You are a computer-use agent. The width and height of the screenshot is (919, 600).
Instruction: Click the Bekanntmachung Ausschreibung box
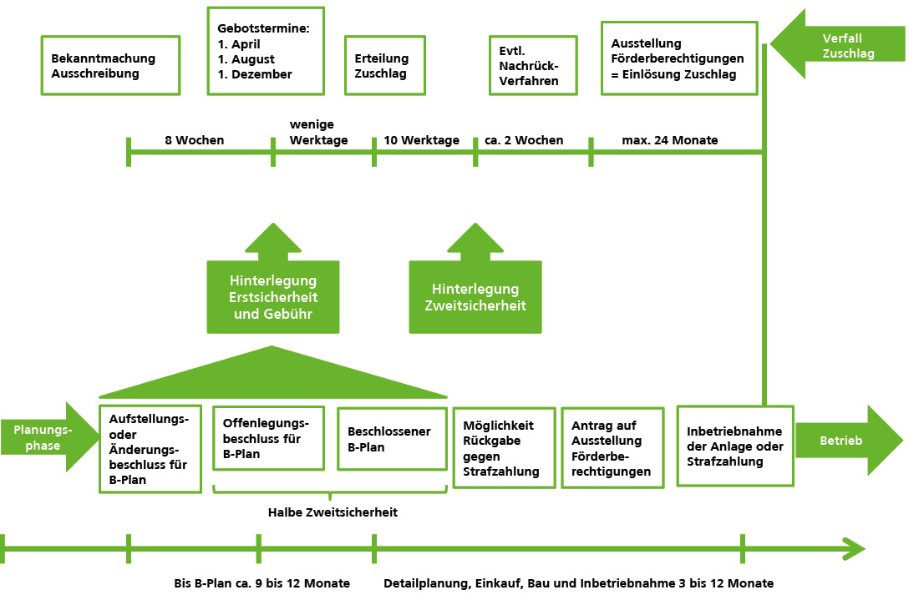coord(110,65)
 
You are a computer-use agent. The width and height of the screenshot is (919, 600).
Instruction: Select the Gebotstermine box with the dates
coord(266,51)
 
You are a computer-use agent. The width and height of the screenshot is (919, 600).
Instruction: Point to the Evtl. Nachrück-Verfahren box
coord(532,65)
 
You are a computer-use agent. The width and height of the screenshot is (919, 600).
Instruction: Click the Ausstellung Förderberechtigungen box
coord(679,58)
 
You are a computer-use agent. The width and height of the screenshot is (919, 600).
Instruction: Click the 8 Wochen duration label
coord(195,140)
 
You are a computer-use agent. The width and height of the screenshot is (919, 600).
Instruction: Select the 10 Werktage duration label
coord(422,140)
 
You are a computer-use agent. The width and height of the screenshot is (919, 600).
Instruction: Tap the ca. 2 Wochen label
coord(524,140)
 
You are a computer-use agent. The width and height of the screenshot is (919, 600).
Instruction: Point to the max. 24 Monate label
coord(670,140)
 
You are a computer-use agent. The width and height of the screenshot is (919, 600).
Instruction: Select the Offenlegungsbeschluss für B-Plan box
coord(268,439)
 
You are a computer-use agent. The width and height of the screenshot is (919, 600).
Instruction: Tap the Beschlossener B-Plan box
coord(392,439)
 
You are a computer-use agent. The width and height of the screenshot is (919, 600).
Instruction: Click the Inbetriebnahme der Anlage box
coord(734,446)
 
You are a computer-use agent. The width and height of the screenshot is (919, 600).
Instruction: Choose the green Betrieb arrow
coord(844,441)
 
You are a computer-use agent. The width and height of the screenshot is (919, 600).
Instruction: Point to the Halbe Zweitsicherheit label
coord(333,512)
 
